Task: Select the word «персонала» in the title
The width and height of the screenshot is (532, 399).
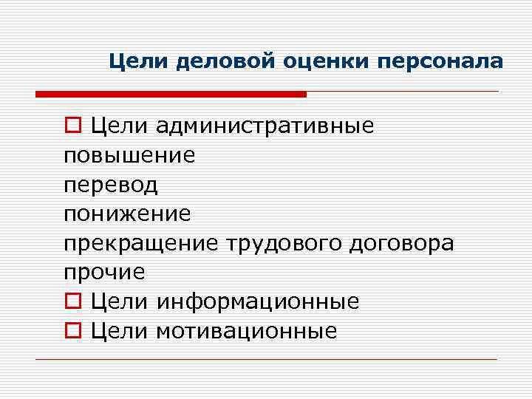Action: click(440, 61)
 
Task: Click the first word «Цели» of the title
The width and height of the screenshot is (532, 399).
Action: click(139, 61)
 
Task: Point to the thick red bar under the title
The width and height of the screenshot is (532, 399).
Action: click(171, 95)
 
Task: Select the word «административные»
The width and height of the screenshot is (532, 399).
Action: click(265, 126)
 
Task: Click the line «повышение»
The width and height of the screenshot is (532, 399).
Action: click(129, 155)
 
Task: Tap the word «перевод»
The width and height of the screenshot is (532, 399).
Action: click(111, 185)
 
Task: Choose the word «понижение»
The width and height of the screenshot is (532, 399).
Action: click(127, 214)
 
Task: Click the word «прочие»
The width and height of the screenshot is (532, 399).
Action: click(104, 273)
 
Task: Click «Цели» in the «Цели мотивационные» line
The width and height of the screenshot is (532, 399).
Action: click(120, 331)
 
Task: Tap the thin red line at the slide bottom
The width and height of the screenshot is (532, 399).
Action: click(266, 359)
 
